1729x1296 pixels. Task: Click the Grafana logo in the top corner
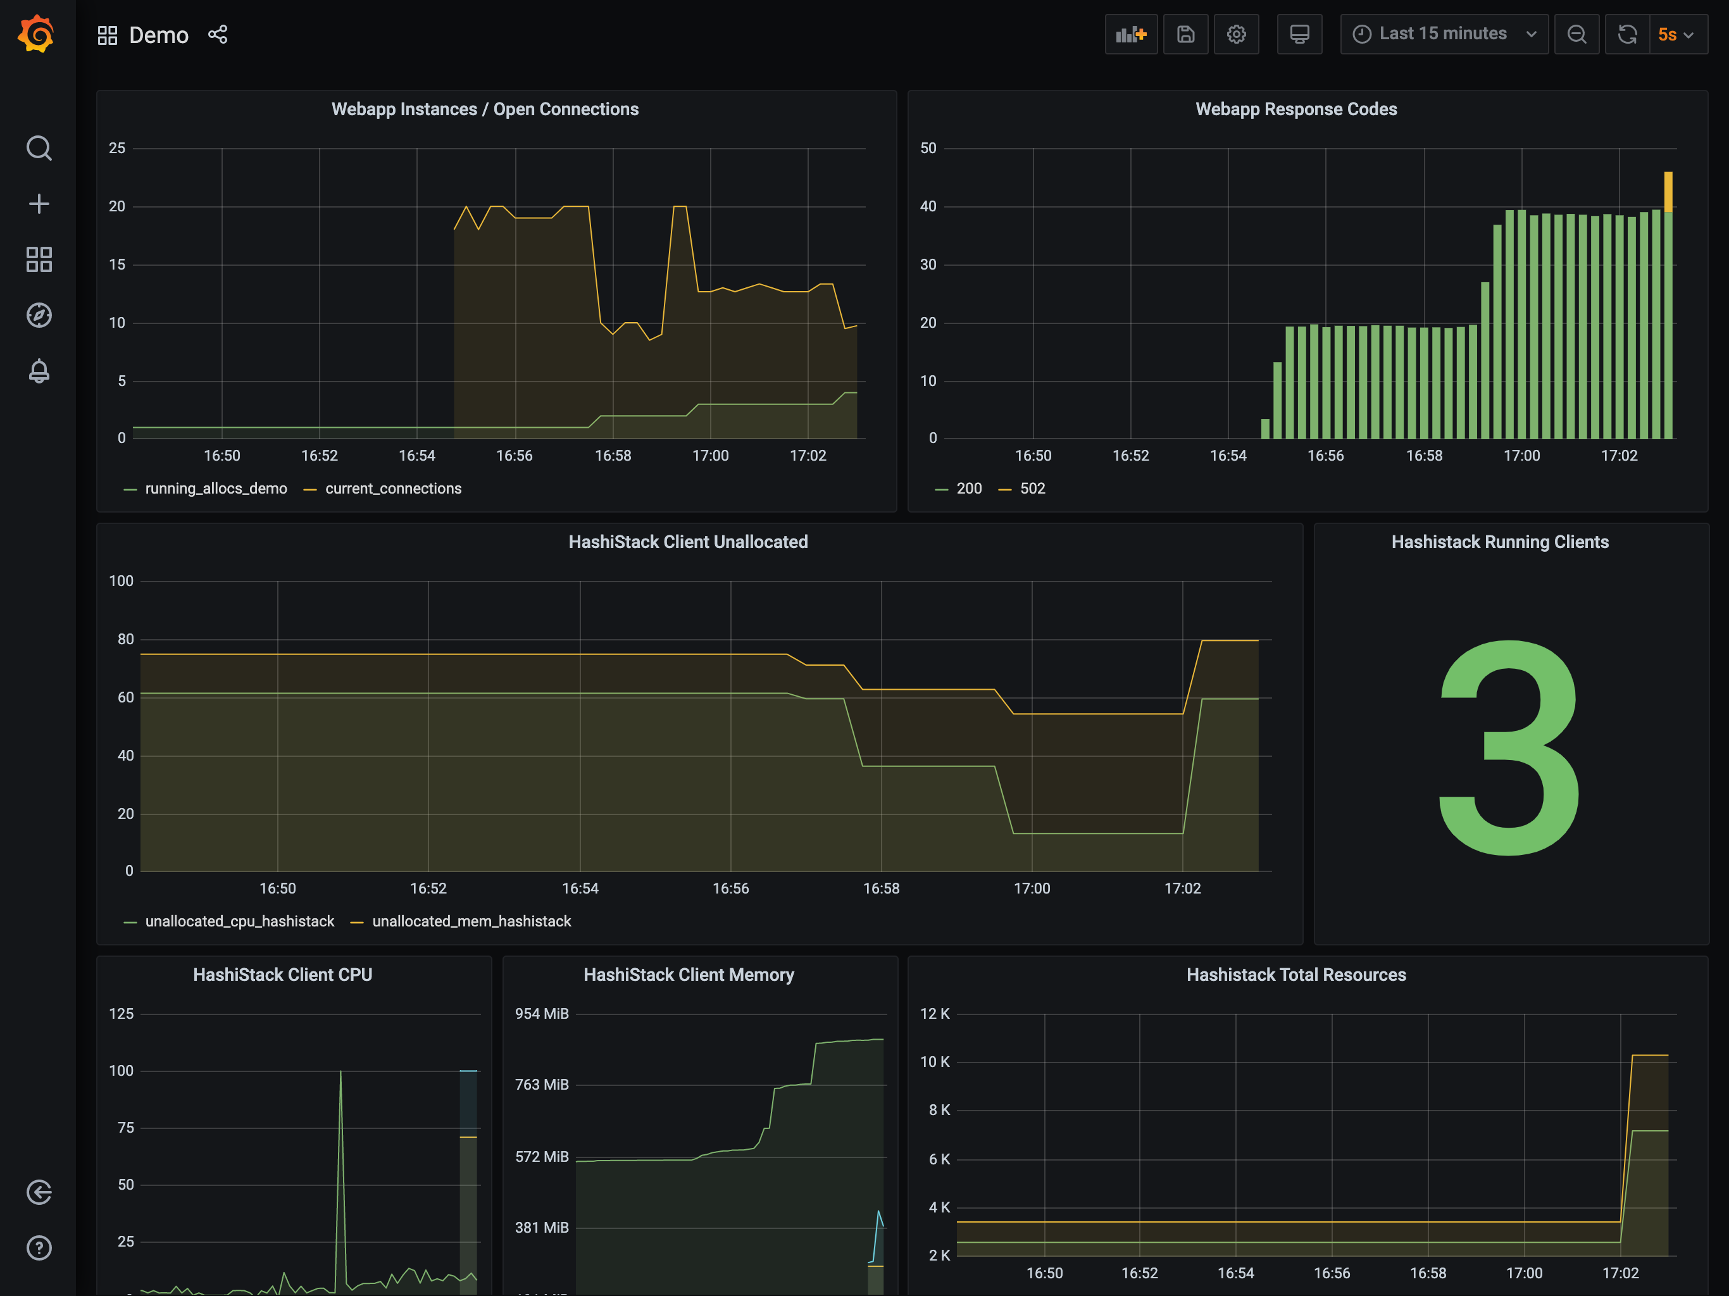(37, 34)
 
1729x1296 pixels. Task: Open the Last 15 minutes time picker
(1444, 34)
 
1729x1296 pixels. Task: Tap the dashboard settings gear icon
(1236, 34)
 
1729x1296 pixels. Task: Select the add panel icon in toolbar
(1131, 34)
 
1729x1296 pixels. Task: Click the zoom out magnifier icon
(1576, 34)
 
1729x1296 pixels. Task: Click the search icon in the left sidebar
(39, 147)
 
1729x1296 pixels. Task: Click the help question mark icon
(39, 1247)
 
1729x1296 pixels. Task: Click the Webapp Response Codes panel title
(1296, 109)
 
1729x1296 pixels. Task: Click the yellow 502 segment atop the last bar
(1668, 192)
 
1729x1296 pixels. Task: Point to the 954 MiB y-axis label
(542, 1014)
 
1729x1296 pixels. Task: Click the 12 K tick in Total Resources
(935, 1014)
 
